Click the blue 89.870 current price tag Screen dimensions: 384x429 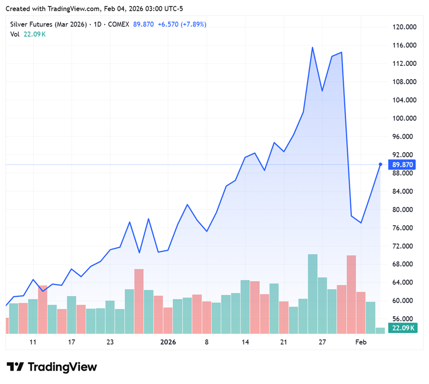tap(403, 164)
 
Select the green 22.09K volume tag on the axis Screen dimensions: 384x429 tap(403, 328)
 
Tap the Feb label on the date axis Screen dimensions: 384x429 tap(361, 342)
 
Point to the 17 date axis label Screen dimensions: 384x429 tap(71, 342)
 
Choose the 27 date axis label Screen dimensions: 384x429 tap(322, 342)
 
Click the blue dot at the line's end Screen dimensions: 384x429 tap(380, 164)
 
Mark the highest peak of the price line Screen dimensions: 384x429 tap(312, 48)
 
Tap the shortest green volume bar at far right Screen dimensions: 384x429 tap(380, 330)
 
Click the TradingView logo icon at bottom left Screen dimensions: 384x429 tap(17, 367)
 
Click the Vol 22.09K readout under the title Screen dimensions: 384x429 tap(28, 34)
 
